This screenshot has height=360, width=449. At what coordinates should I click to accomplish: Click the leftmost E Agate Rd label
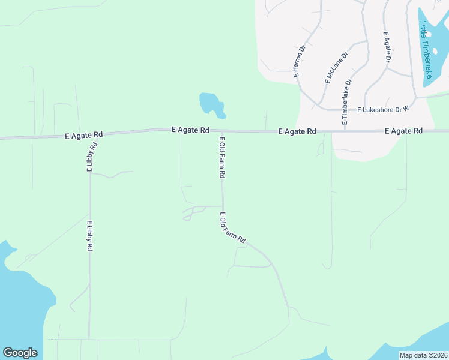click(83, 136)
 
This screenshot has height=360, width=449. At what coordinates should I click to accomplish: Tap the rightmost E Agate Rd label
click(403, 131)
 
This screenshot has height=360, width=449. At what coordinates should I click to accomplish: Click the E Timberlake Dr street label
click(346, 101)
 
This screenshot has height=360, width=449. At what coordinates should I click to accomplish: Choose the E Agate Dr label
click(387, 48)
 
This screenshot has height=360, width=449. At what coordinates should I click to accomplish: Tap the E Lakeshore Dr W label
click(382, 110)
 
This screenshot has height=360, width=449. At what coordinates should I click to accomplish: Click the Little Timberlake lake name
click(426, 50)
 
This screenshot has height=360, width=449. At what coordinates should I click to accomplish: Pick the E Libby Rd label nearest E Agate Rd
click(92, 157)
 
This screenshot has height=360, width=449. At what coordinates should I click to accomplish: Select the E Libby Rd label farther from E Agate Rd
click(89, 236)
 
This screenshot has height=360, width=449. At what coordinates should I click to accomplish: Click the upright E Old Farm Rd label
click(222, 157)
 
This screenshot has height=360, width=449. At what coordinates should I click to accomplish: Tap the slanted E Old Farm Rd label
click(232, 228)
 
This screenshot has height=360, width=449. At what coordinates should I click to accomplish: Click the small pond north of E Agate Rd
click(212, 104)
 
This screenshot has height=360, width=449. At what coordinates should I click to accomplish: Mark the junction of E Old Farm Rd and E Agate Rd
click(221, 131)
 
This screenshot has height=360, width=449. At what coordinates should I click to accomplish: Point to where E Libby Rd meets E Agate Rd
click(91, 135)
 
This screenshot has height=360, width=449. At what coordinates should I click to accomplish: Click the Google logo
click(20, 353)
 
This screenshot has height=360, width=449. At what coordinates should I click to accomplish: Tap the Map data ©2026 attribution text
click(423, 355)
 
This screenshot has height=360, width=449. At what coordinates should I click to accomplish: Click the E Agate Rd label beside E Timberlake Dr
click(297, 131)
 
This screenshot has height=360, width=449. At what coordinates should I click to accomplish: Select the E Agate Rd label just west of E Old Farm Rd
click(190, 130)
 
